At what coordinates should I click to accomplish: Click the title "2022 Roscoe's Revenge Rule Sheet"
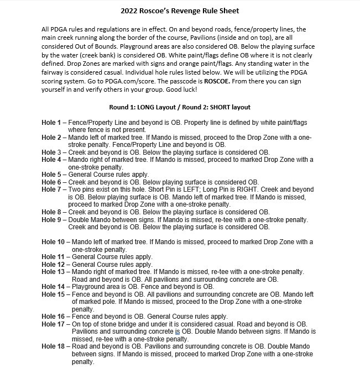(180, 10)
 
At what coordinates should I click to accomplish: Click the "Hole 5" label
(53, 173)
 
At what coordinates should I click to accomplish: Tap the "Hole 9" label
(53, 220)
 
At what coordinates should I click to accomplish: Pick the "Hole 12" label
(54, 265)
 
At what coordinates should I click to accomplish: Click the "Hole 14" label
(54, 287)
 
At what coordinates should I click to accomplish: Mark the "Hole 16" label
(54, 316)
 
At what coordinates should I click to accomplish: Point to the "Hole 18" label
(54, 346)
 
